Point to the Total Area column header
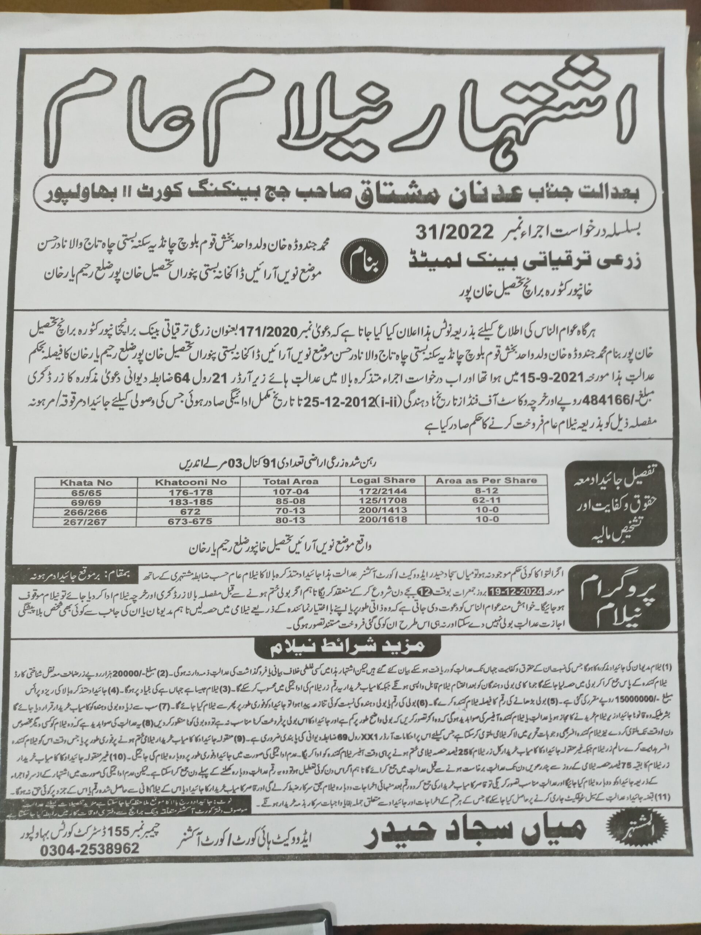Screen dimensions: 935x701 (290, 481)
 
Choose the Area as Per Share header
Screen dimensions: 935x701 (486, 480)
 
